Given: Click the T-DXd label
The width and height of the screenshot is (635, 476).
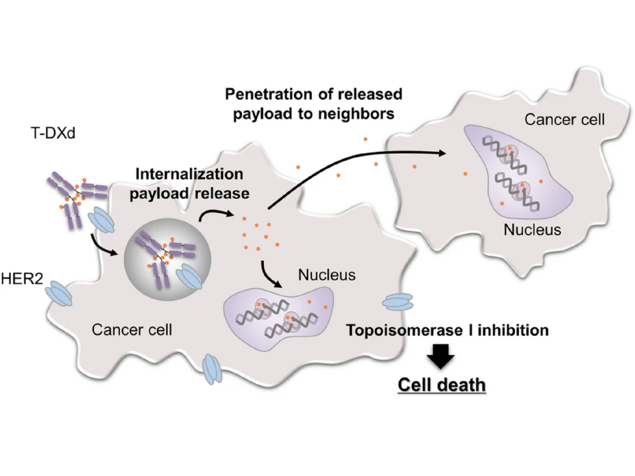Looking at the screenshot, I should pos(53,133).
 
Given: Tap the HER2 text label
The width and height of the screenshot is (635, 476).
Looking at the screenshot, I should pos(22,279).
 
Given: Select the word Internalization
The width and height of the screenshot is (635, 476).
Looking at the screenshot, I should pos(189,174).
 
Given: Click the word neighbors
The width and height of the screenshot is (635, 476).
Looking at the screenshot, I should pos(356,114).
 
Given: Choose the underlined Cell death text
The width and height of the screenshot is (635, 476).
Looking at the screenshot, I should pos(441,385).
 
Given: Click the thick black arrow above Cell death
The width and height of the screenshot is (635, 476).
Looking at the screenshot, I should pos(441,356).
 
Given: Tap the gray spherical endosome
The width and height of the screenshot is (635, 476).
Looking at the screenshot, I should pos(167,259).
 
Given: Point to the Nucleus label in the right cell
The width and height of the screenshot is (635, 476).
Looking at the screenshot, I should pos(532,230).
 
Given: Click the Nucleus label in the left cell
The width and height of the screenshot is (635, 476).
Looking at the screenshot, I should pos(327,275).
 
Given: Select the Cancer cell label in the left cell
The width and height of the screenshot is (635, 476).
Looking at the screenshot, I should pos(132,330).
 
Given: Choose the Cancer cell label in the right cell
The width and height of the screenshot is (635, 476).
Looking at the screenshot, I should pos(564,120).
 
